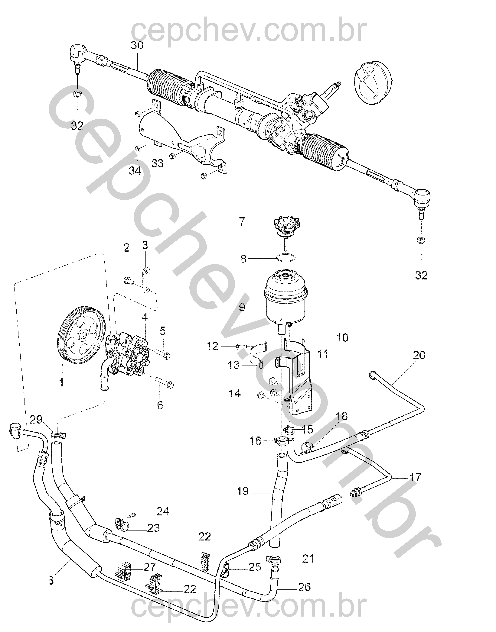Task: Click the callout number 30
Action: coord(137,46)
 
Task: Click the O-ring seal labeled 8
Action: coord(286,257)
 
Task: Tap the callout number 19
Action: coord(243,491)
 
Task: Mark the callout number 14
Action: coord(235,394)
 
